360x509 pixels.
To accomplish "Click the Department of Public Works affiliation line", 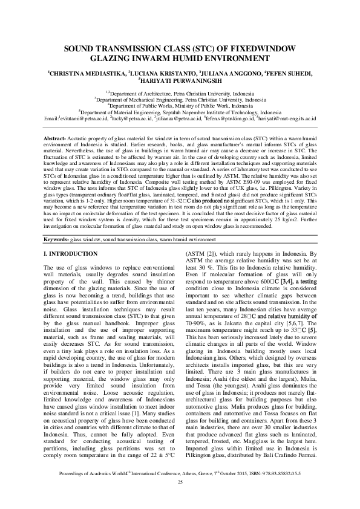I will (x=180, y=105).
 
